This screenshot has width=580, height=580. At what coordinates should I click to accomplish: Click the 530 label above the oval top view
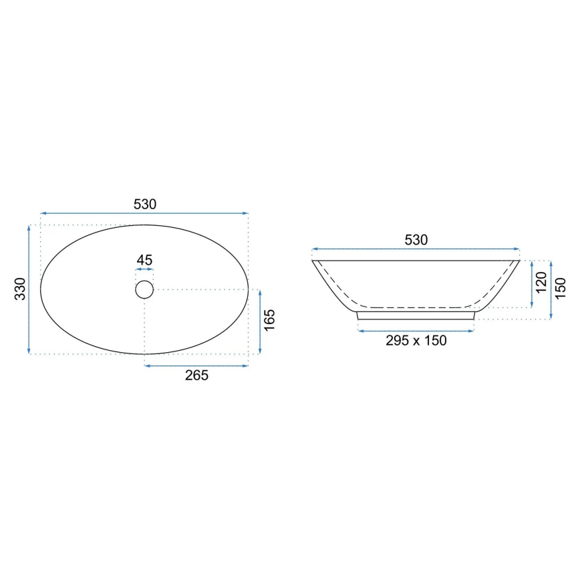pyautogui.click(x=144, y=204)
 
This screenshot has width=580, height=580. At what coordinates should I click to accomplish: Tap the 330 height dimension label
pyautogui.click(x=20, y=289)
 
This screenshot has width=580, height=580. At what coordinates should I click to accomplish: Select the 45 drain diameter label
pyautogui.click(x=144, y=260)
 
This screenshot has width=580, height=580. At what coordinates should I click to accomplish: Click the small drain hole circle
pyautogui.click(x=144, y=289)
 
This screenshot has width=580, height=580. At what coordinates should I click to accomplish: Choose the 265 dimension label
pyautogui.click(x=196, y=376)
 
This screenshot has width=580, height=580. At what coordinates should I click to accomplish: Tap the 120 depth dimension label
pyautogui.click(x=541, y=283)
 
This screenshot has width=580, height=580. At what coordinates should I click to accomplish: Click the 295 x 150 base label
pyautogui.click(x=416, y=340)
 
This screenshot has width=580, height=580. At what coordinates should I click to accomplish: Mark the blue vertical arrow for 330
pyautogui.click(x=29, y=289)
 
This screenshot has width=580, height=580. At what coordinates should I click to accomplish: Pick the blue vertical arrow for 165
pyautogui.click(x=259, y=322)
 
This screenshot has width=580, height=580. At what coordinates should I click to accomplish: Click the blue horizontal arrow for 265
pyautogui.click(x=196, y=366)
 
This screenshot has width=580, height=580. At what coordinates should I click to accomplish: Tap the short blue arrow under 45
pyautogui.click(x=144, y=270)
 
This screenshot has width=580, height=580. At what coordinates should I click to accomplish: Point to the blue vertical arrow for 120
pyautogui.click(x=532, y=284)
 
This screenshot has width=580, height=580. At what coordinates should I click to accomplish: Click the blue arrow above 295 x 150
pyautogui.click(x=416, y=330)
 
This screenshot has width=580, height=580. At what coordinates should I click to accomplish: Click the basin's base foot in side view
pyautogui.click(x=416, y=315)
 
